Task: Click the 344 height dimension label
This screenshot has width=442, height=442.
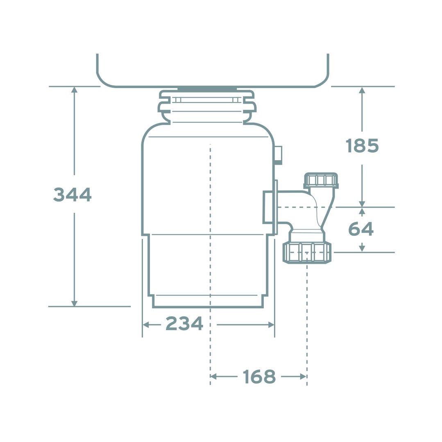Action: point(72,194)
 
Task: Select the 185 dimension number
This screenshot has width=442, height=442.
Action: point(362,146)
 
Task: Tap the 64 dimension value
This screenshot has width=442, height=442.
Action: point(361,229)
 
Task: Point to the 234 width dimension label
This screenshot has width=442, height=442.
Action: point(184,324)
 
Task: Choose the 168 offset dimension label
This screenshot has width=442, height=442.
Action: point(259,376)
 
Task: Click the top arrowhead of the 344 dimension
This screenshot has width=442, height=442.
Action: point(74,90)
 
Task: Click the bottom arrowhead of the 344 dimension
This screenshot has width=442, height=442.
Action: point(74,304)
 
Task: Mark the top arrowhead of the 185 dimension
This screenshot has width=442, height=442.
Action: point(362,90)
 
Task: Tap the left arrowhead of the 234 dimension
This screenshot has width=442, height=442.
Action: point(145,325)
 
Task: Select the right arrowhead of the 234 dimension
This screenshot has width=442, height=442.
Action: point(271,325)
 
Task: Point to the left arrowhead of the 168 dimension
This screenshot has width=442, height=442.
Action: point(213,376)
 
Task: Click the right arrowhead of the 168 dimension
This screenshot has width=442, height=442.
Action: point(303,376)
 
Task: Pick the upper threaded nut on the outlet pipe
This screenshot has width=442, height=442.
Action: point(321,180)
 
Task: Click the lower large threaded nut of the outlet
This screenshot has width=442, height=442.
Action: point(307,252)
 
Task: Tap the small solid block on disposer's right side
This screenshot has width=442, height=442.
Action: point(278,155)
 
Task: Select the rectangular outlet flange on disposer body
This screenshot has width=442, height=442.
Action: point(268,207)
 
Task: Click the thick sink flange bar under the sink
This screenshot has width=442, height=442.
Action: point(207,88)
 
